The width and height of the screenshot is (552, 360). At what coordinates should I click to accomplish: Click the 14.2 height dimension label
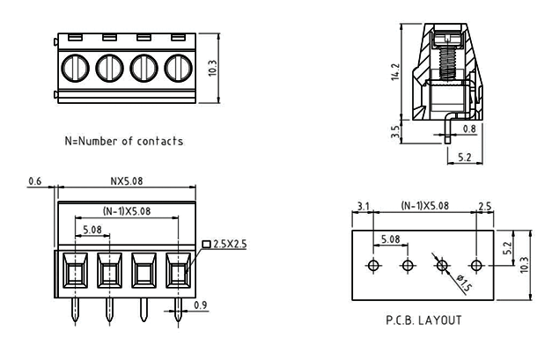pyautogui.click(x=395, y=72)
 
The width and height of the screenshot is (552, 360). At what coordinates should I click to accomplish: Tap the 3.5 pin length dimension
pyautogui.click(x=395, y=132)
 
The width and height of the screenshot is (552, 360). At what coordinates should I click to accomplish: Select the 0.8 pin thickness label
pyautogui.click(x=469, y=129)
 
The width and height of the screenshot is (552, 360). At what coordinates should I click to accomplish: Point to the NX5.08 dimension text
pyautogui.click(x=127, y=181)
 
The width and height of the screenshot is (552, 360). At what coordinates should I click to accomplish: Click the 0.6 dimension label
pyautogui.click(x=35, y=181)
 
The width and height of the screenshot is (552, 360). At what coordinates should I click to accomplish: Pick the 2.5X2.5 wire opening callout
pyautogui.click(x=225, y=244)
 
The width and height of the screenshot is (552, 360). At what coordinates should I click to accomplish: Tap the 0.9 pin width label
pyautogui.click(x=201, y=305)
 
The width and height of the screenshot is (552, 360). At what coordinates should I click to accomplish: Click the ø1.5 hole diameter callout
pyautogui.click(x=464, y=283)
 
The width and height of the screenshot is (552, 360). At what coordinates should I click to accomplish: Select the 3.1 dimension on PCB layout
pyautogui.click(x=363, y=206)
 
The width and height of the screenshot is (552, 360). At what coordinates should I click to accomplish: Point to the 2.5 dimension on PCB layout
pyautogui.click(x=485, y=206)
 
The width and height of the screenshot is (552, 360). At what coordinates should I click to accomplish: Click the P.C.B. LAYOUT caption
pyautogui.click(x=423, y=320)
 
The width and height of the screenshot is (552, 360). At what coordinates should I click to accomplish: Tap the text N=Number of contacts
pyautogui.click(x=124, y=141)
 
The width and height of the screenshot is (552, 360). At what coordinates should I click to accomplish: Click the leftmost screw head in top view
pyautogui.click(x=75, y=68)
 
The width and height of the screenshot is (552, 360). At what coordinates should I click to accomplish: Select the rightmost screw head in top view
pyautogui.click(x=179, y=68)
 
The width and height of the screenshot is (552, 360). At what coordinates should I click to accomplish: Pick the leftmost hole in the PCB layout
pyautogui.click(x=373, y=265)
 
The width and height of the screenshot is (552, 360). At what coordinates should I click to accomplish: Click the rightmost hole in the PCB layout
pyautogui.click(x=476, y=265)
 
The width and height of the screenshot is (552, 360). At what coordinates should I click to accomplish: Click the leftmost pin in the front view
pyautogui.click(x=75, y=310)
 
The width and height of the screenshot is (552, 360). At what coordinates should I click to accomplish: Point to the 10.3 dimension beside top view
pyautogui.click(x=213, y=68)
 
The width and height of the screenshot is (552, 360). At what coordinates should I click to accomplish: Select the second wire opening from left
pyautogui.click(x=109, y=270)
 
